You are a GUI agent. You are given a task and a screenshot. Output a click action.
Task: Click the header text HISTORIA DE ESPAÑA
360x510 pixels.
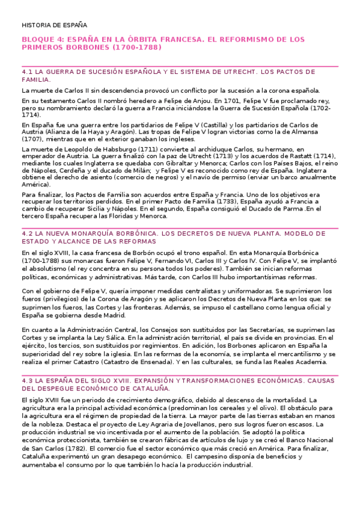(x=54, y=25)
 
